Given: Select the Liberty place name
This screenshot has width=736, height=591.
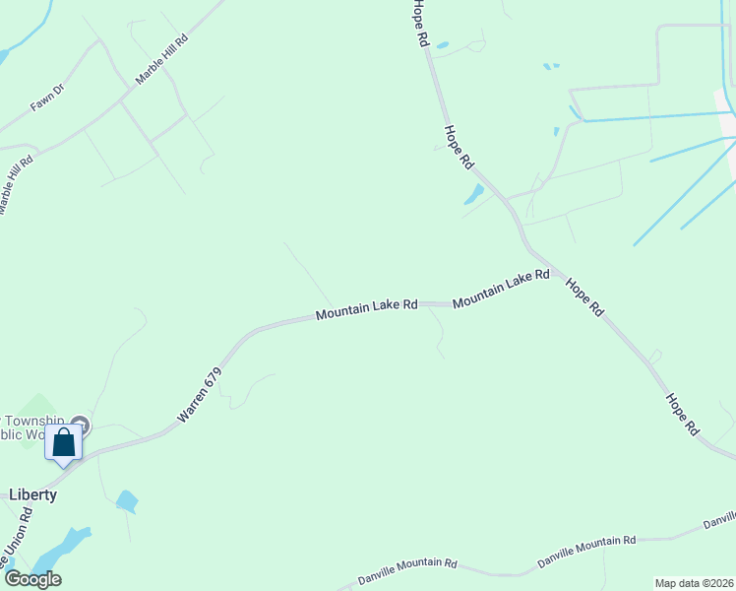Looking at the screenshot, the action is (32, 494).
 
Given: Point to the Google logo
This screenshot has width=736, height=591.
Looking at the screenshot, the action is (31, 578).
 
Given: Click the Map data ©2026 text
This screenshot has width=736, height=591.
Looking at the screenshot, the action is (694, 583).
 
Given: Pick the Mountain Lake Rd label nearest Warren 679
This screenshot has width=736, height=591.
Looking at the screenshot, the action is (367, 309).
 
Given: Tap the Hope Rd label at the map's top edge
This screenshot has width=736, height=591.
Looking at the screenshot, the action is (421, 25).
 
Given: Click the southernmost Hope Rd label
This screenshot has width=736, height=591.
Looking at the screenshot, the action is (681, 414).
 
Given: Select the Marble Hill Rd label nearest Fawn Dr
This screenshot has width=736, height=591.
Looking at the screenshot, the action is (161, 62).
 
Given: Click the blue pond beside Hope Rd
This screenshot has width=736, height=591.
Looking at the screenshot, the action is (474, 194).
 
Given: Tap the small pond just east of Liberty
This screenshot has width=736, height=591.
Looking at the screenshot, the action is (126, 501).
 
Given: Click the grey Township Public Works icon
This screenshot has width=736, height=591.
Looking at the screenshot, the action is (81, 426).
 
